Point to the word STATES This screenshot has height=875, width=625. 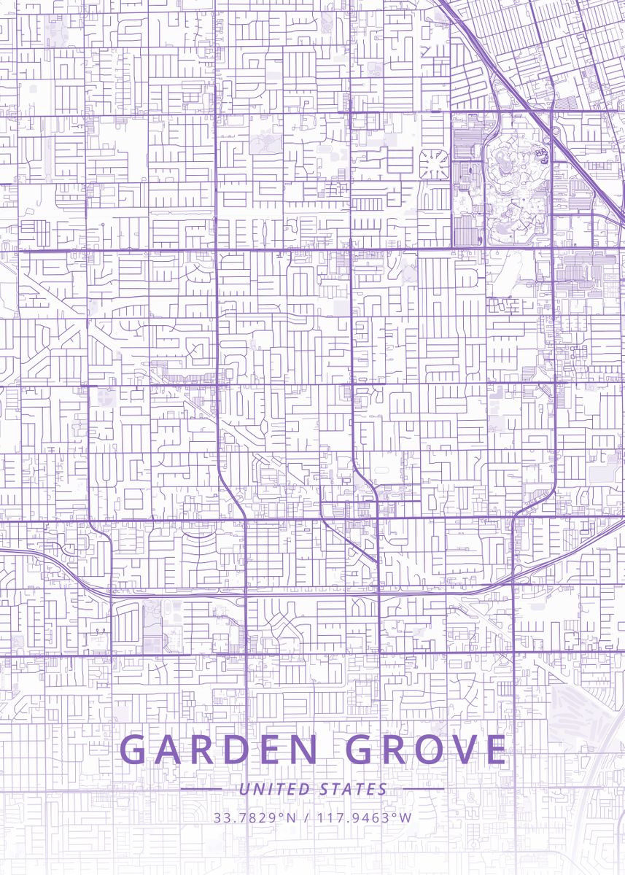click(x=353, y=789)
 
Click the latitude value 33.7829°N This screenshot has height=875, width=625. click(x=255, y=817)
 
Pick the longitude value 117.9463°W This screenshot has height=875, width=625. click(x=363, y=817)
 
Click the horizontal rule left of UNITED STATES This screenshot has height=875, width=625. click(x=201, y=789)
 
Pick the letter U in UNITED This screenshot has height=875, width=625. click(x=244, y=789)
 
